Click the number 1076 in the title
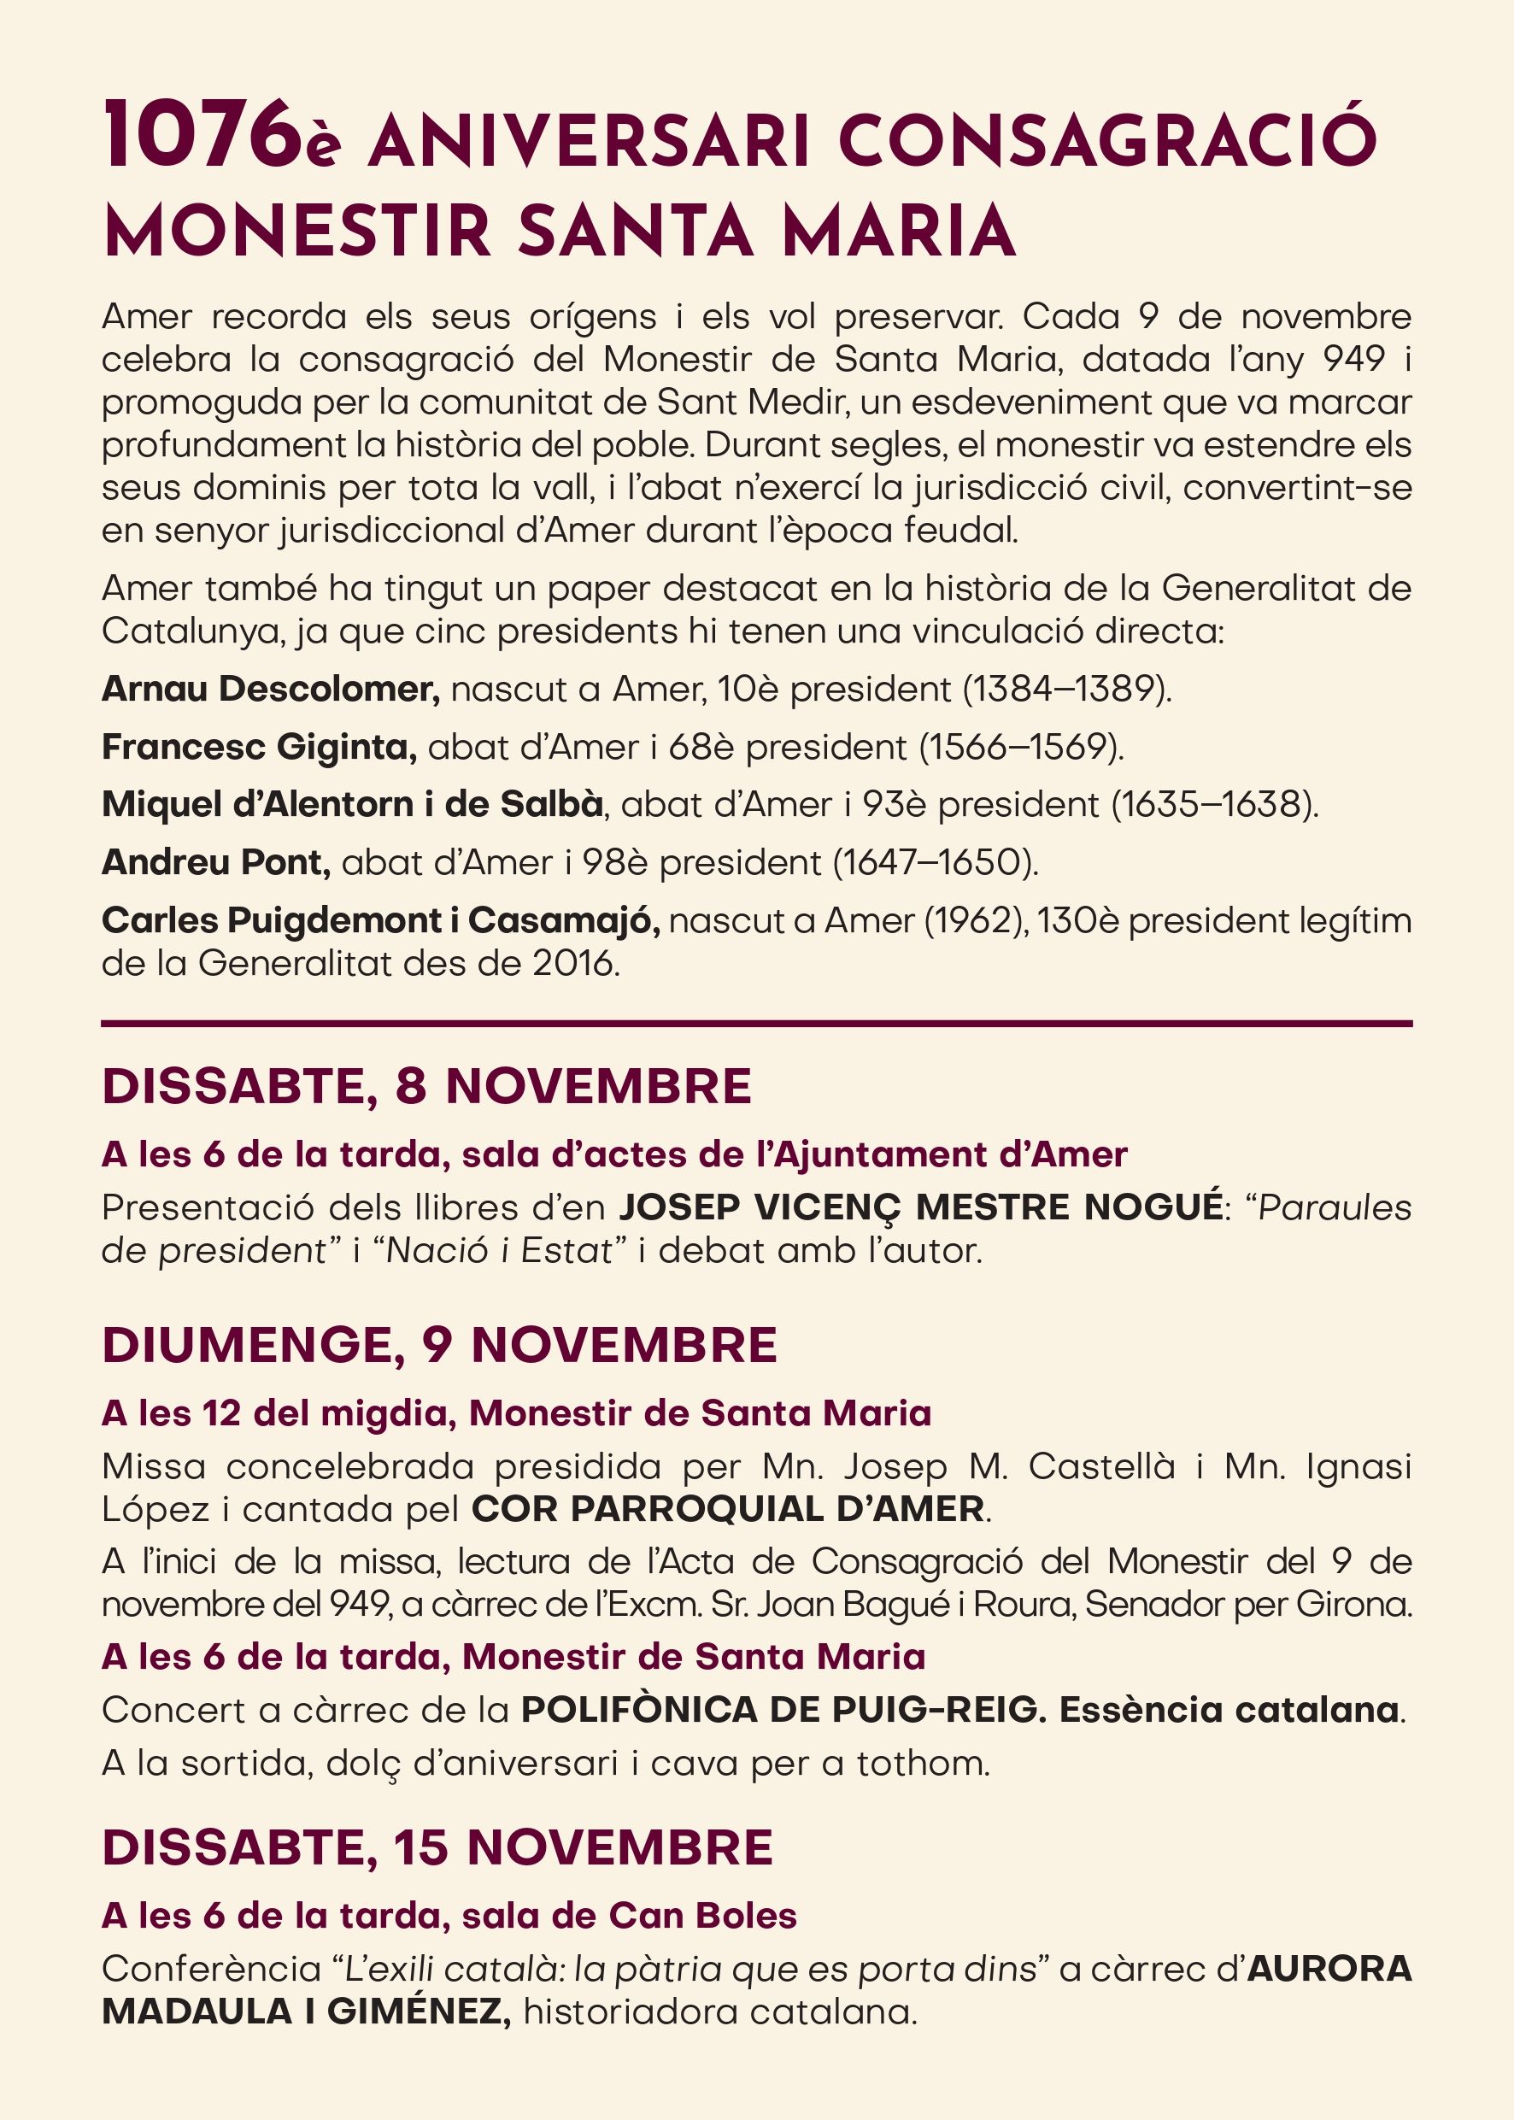pos(197,137)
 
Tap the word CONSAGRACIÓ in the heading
pos(1106,142)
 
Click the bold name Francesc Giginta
pos(259,747)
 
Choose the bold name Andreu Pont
pos(215,862)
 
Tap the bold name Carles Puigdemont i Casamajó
pos(380,920)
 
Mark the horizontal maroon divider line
pos(756,1024)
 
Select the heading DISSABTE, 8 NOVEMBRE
pos(426,1086)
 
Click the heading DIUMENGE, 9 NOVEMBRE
pos(439,1344)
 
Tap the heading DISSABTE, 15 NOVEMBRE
pos(437,1847)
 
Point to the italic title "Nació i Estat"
pos(499,1250)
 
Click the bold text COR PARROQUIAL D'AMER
pos(728,1508)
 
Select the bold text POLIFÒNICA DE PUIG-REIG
pos(779,1710)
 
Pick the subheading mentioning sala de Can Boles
pos(449,1916)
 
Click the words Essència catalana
pos(1229,1710)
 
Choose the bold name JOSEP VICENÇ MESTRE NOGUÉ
pos(920,1207)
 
